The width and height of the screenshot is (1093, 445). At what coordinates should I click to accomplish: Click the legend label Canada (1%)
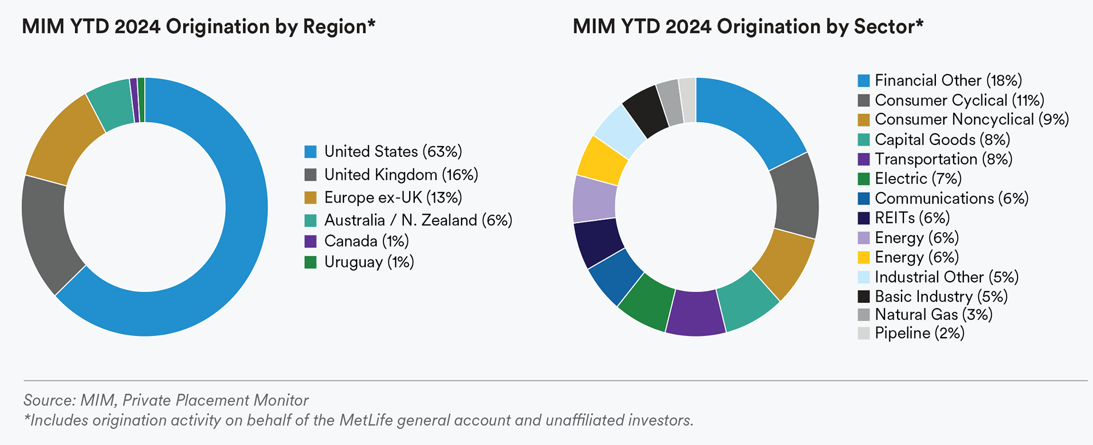coord(366,241)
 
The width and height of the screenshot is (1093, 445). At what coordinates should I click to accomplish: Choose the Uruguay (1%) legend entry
coord(369,262)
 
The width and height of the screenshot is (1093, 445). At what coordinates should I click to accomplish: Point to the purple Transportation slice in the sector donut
coord(695,313)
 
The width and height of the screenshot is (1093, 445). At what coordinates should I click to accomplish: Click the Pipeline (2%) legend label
coord(919,333)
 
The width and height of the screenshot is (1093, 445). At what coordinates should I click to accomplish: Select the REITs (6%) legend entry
coord(912,218)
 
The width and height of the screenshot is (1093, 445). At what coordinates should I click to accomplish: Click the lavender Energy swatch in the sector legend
coord(864,238)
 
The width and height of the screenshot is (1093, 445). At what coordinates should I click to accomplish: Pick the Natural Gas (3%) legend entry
coord(933,314)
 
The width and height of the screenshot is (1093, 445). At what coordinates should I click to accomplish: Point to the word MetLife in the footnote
coord(366,420)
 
